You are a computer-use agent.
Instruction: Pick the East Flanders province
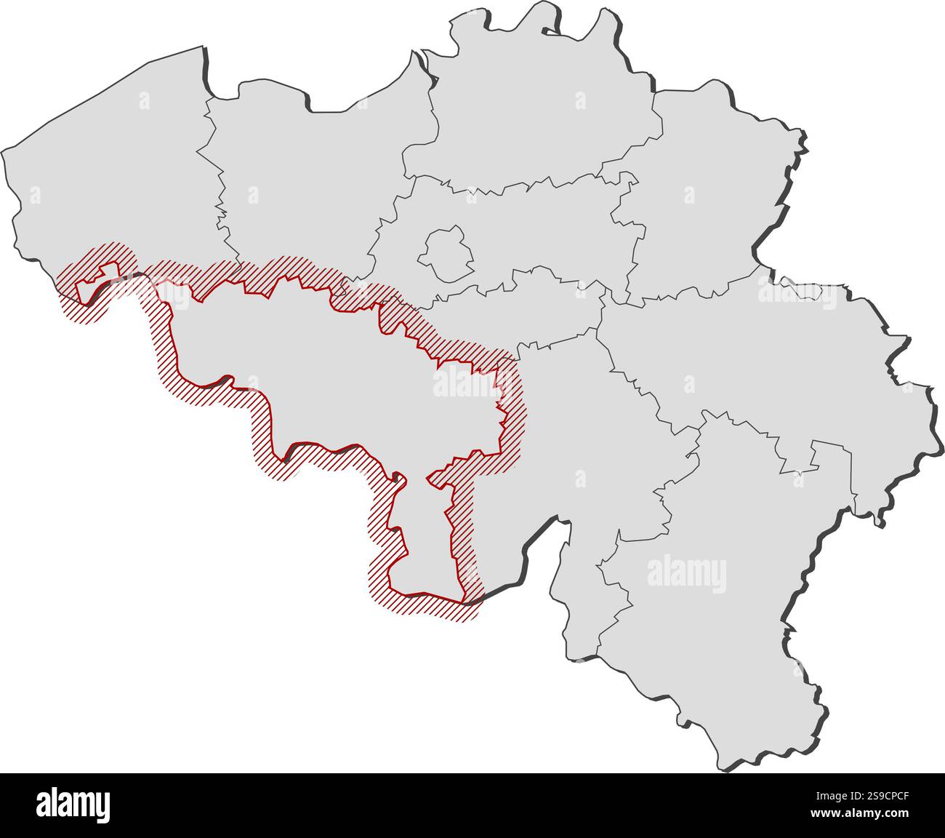pos(305,182)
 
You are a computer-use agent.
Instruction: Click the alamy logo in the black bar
pos(73,805)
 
